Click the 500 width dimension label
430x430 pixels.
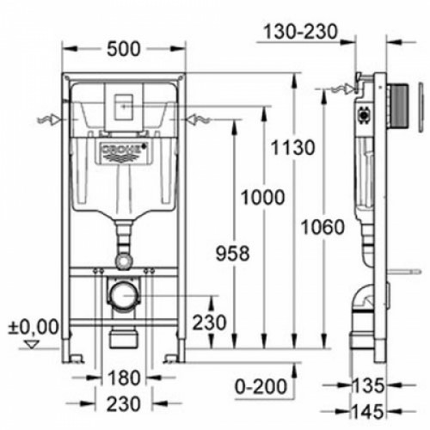(124, 49)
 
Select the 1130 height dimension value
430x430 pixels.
(292, 148)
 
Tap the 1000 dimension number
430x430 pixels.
(262, 197)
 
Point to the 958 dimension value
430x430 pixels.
(232, 254)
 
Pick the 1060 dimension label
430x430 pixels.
(322, 227)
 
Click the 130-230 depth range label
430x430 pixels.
(301, 32)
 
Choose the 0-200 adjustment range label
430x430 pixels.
(261, 386)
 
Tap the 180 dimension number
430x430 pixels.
(124, 378)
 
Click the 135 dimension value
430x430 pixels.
(368, 385)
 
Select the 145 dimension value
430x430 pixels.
(368, 412)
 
